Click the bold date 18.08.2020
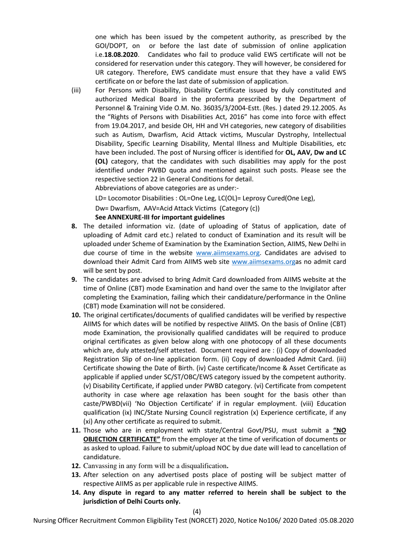[x=121, y=55]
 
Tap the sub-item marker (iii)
[x=76, y=90]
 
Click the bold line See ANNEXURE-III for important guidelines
[x=160, y=217]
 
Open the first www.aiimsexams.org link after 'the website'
[x=228, y=253]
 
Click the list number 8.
[x=74, y=226]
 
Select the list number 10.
[x=75, y=315]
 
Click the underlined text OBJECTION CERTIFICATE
[x=122, y=439]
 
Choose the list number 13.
[x=75, y=475]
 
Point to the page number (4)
[x=197, y=512]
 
